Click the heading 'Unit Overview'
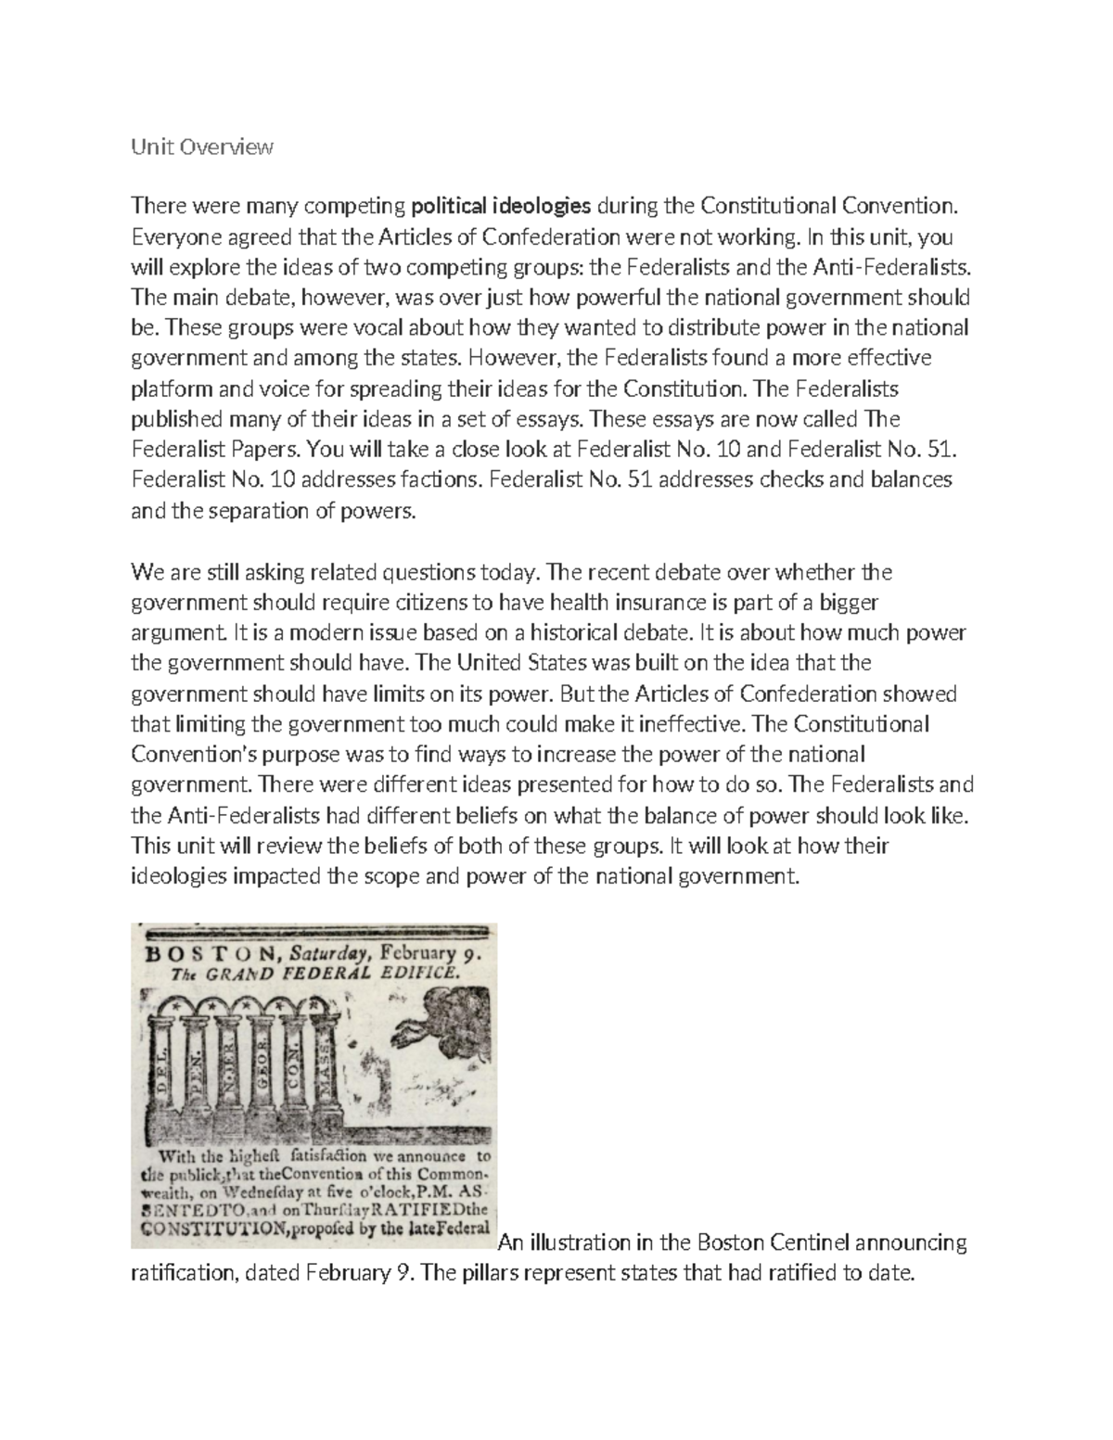[203, 147]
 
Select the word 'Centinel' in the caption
[815, 1242]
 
